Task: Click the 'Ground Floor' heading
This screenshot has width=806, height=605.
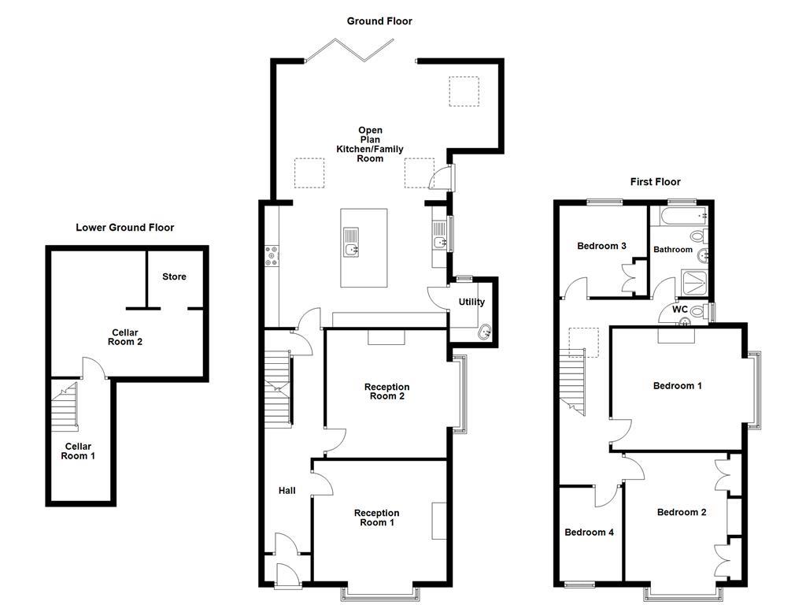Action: (379, 21)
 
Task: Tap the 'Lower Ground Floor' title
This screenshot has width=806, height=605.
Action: (124, 228)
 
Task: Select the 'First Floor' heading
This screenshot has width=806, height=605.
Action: (655, 182)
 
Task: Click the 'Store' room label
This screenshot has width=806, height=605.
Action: (174, 277)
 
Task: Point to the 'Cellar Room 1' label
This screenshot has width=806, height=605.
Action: (78, 451)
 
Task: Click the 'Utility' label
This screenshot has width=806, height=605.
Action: (472, 302)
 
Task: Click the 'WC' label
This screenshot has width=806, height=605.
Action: (680, 309)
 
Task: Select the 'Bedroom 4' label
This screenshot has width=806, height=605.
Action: (589, 533)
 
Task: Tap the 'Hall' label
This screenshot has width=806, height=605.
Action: (287, 491)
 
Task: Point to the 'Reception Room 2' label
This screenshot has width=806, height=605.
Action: (386, 392)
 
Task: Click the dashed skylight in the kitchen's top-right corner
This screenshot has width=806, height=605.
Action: (464, 91)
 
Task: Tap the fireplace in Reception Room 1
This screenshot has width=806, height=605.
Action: (438, 521)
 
